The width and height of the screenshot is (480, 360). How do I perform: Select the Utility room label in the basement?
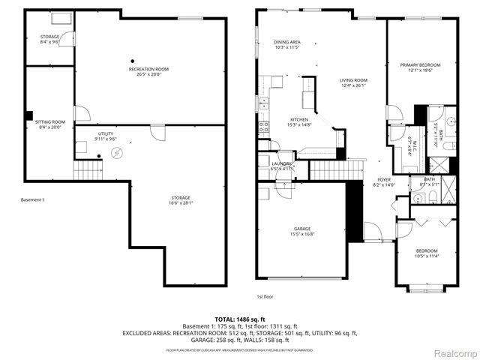click(106, 136)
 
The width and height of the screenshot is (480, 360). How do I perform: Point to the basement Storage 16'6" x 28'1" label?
click(180, 199)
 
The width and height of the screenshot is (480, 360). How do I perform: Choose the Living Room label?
click(352, 82)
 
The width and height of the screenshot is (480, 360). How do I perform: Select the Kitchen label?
click(300, 122)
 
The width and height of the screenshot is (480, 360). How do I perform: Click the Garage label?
click(301, 231)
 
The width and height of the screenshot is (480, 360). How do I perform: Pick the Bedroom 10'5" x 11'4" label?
click(427, 253)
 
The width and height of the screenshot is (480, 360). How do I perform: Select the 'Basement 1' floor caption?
click(33, 199)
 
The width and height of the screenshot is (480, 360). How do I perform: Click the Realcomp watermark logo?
click(453, 352)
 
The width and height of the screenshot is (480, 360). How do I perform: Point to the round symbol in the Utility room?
click(117, 153)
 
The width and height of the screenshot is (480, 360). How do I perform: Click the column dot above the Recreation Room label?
click(133, 61)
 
